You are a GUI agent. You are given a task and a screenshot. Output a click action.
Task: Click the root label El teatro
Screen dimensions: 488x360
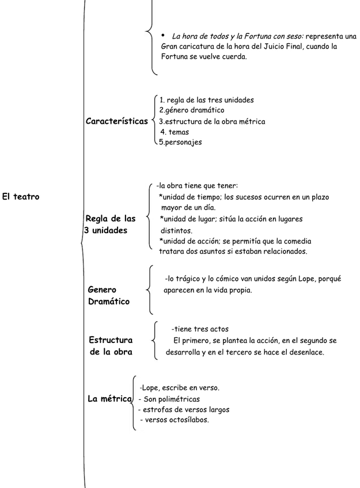20,197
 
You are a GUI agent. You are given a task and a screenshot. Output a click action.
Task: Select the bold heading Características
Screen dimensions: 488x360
116,121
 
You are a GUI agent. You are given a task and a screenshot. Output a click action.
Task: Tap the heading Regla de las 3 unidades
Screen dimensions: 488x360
110,224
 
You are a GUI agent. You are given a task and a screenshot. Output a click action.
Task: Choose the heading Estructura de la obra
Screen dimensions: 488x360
111,346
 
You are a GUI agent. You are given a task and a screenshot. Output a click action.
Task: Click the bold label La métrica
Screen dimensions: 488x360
109,399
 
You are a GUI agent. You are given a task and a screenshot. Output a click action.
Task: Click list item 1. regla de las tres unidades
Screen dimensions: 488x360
206,100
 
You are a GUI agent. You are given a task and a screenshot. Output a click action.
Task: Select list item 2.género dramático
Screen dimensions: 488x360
191,110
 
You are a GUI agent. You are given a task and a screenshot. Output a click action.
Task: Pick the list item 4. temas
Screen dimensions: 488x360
175,132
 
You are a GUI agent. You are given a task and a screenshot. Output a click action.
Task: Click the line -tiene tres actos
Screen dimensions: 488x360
200,329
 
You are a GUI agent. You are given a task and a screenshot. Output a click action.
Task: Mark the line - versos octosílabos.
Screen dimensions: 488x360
175,420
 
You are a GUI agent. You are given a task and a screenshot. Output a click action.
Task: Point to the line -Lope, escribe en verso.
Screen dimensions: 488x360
179,388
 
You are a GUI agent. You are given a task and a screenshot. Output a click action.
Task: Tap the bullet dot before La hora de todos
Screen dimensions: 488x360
163,35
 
